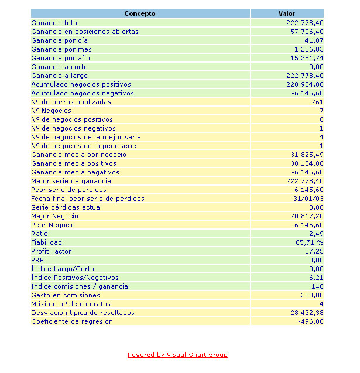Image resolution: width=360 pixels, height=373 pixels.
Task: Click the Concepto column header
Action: tap(140, 13)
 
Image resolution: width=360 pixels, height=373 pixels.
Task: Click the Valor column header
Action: tap(287, 13)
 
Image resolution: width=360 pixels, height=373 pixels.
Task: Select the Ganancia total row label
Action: tap(55, 23)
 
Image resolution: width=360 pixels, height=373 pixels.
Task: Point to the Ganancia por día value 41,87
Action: tap(314, 40)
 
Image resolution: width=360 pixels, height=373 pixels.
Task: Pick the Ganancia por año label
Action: tap(60, 58)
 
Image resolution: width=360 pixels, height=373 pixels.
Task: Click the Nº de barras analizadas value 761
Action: tap(317, 102)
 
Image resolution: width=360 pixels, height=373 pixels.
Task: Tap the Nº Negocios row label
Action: tap(51, 111)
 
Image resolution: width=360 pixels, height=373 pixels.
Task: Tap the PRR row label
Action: tap(37, 260)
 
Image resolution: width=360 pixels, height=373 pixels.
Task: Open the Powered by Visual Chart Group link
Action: tap(177, 354)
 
